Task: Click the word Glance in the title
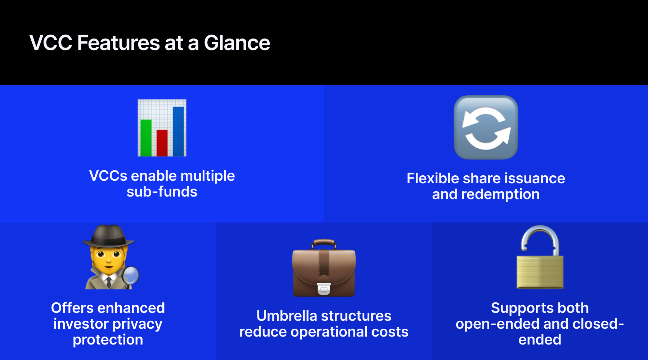click(x=237, y=43)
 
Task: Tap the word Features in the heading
click(x=118, y=43)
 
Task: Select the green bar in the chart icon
click(x=146, y=138)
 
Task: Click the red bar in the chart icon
click(x=162, y=143)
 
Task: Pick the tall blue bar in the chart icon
click(x=179, y=131)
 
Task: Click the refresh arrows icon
click(x=486, y=127)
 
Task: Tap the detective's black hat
click(x=109, y=237)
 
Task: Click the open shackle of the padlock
click(x=540, y=239)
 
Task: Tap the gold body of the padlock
click(x=540, y=272)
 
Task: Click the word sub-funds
click(x=162, y=192)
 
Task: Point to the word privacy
click(x=137, y=324)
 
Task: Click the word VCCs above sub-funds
click(x=108, y=176)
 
